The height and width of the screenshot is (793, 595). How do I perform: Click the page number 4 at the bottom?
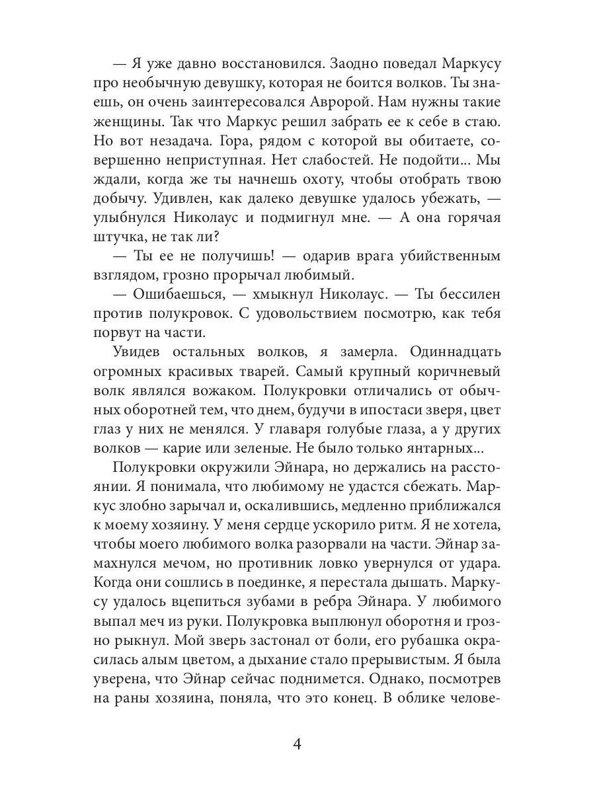[297, 744]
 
